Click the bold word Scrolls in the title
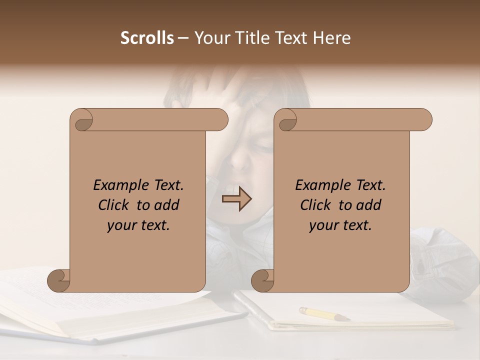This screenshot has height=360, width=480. point(147,38)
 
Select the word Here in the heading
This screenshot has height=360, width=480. point(331,38)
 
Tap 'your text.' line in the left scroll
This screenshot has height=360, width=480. point(138,225)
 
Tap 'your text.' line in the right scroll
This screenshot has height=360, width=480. point(340,225)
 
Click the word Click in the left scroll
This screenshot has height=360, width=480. point(113,205)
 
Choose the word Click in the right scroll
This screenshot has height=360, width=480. point(315,205)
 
